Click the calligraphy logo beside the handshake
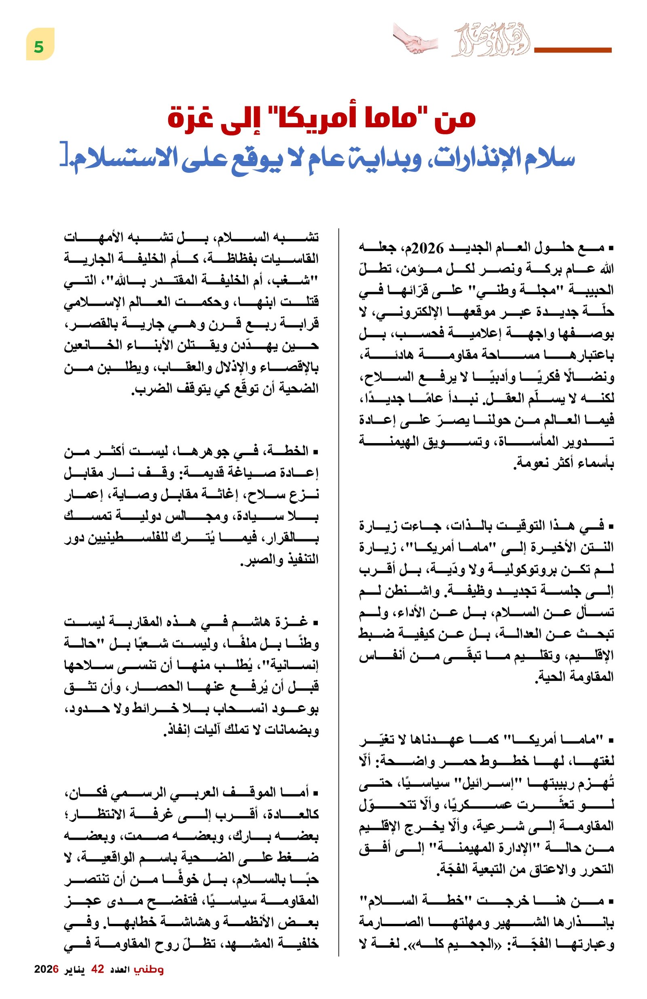490,42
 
